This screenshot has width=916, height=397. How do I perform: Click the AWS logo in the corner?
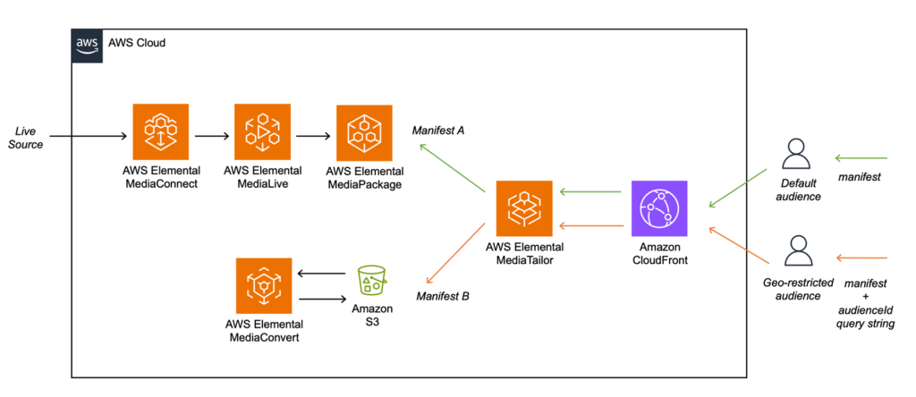(88, 43)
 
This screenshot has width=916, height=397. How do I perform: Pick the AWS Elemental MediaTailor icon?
(524, 207)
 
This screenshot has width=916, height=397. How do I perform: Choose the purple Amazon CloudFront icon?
(659, 207)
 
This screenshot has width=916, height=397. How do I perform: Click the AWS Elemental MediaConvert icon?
(264, 285)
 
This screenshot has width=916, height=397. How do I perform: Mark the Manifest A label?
(437, 131)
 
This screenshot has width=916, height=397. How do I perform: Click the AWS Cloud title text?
(136, 43)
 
